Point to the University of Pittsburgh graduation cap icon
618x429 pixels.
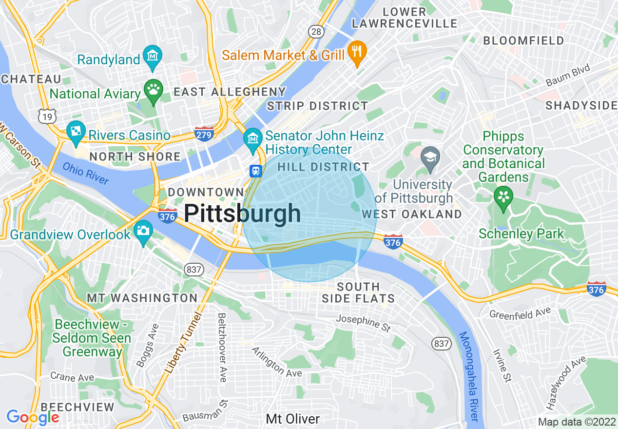pyautogui.click(x=430, y=158)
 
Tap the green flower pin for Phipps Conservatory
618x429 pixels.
pyautogui.click(x=503, y=198)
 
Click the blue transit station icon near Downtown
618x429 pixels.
pyautogui.click(x=255, y=171)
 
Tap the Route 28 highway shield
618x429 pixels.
pyautogui.click(x=316, y=32)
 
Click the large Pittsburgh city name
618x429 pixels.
pyautogui.click(x=242, y=214)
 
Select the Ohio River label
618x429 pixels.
pyautogui.click(x=86, y=173)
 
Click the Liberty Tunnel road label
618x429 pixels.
pyautogui.click(x=183, y=343)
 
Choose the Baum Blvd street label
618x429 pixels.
pyautogui.click(x=568, y=76)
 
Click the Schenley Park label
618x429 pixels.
pyautogui.click(x=521, y=234)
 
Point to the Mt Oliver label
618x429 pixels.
pyautogui.click(x=293, y=419)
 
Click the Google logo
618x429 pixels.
pyautogui.click(x=33, y=417)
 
